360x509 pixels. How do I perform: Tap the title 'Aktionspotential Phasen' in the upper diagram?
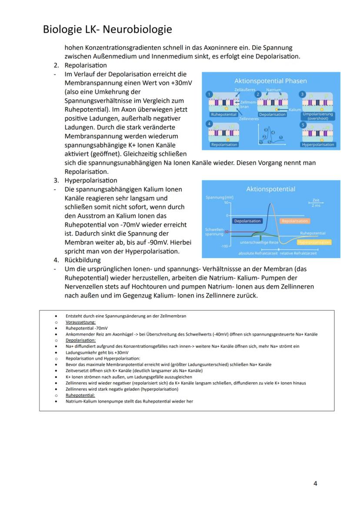pos(270,81)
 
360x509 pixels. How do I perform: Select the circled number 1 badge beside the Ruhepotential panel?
pos(210,94)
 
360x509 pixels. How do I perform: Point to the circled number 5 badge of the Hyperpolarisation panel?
pos(303,125)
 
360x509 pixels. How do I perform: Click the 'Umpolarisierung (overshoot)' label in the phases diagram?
pos(317,116)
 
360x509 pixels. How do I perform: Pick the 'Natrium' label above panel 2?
pos(274,90)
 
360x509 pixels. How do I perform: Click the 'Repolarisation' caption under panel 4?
pos(224,144)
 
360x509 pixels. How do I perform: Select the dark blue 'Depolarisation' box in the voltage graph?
pos(247,221)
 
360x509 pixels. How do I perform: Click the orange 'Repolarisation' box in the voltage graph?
pos(295,221)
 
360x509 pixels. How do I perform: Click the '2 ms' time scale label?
pos(316,205)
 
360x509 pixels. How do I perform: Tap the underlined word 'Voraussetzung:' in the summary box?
pos(80,323)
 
